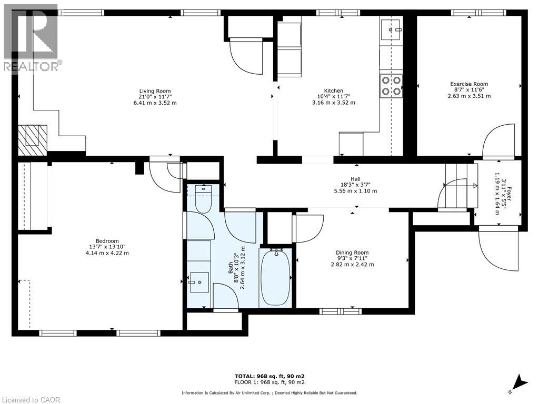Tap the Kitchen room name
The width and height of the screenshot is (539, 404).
333,90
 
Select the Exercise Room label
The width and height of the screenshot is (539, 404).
469,84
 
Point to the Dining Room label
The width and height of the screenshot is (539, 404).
352,252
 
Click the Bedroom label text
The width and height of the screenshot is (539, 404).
107,241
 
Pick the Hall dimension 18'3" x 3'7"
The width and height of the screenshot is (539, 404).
355,185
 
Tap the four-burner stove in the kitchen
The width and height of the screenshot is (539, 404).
391,86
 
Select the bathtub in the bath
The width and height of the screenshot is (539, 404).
276,277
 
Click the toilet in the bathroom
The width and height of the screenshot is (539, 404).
203,199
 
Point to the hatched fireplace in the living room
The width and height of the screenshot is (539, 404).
32,140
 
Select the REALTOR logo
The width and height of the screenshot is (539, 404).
31,38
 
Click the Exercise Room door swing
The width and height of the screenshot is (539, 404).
498,141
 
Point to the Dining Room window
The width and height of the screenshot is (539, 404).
341,311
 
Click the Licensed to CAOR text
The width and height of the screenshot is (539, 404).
30,400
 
